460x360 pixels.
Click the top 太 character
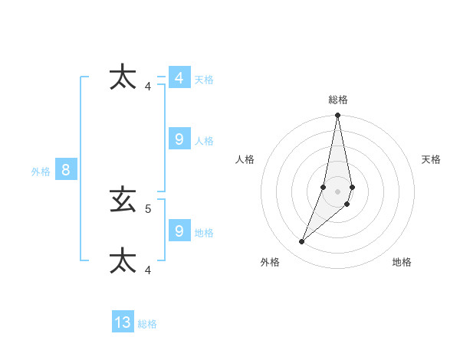point(123,77)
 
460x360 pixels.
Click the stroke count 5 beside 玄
point(148,208)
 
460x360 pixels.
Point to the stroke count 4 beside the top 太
point(148,86)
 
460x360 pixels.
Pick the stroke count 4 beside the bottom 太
point(148,270)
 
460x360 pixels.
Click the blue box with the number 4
point(179,78)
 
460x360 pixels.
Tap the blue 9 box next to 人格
point(179,139)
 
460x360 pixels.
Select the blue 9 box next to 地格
point(179,231)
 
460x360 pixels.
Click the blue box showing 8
point(66,170)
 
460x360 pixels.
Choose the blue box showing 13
point(123,322)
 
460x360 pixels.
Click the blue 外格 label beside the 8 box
point(41,172)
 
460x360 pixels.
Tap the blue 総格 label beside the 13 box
point(147,324)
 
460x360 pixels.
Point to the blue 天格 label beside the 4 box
point(203,80)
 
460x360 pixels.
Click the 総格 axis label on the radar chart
point(338,100)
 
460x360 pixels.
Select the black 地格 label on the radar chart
point(402,262)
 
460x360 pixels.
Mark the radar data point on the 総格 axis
point(338,116)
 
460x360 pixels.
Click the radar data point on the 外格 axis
point(302,242)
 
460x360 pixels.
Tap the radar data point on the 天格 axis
point(352,187)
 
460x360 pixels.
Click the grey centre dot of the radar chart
point(338,191)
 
